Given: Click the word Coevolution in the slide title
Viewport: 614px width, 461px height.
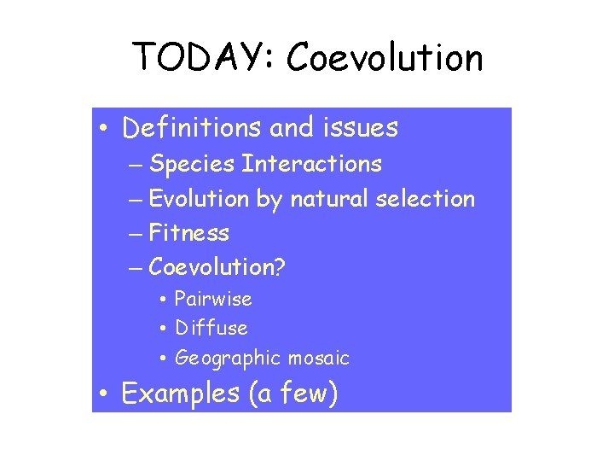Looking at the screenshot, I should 385,57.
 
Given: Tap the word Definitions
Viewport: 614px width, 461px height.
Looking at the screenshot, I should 192,128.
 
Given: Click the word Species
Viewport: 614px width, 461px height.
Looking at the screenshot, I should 192,163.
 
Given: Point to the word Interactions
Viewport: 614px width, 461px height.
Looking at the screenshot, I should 311,163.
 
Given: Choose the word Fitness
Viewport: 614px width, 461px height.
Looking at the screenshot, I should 189,232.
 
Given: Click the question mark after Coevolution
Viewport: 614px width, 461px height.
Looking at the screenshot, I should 280,266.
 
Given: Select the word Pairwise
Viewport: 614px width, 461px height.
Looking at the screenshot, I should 213,299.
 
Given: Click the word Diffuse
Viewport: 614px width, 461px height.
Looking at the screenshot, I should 211,328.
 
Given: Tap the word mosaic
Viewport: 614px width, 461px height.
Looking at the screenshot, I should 319,358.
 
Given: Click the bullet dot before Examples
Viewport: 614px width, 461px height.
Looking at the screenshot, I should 103,394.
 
